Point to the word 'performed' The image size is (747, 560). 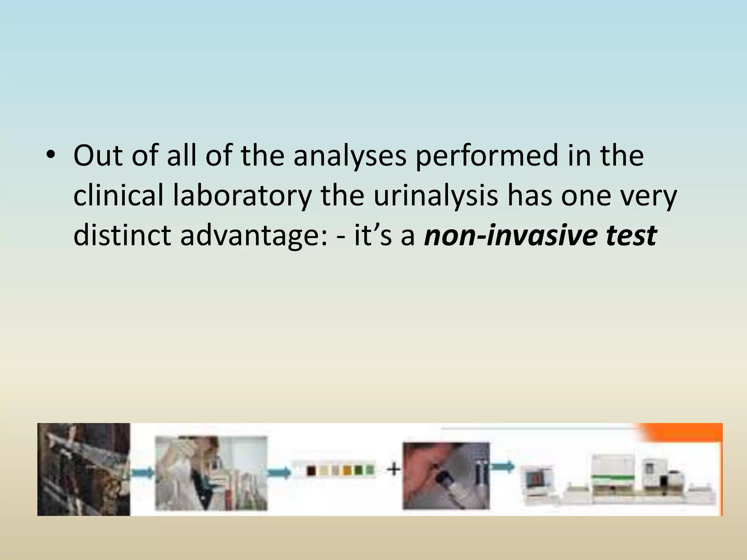[x=487, y=156]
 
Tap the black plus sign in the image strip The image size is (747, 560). [x=393, y=469]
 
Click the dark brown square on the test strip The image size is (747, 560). [x=311, y=471]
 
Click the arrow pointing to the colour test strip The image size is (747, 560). [x=279, y=472]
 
